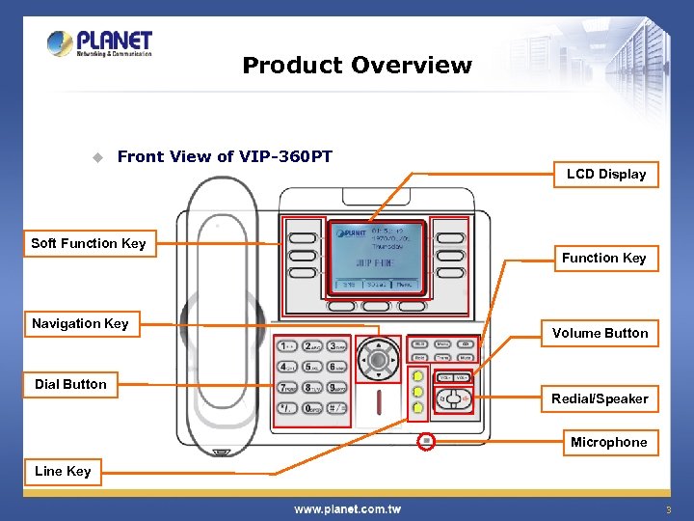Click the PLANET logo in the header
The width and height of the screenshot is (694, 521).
point(99,43)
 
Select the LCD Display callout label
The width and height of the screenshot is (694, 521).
point(605,175)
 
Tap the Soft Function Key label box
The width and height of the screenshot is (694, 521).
point(88,243)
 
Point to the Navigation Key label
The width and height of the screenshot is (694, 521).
point(79,323)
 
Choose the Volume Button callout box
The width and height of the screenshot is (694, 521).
point(600,333)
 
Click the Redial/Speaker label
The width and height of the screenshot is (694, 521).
point(600,398)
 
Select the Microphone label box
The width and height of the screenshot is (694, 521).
point(608,442)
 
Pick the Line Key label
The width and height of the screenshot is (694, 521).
point(63,471)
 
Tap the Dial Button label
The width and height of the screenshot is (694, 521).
point(70,384)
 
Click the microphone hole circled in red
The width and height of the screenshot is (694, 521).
point(426,441)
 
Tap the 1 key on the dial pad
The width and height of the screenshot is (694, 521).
point(286,346)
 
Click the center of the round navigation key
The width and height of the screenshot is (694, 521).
point(379,361)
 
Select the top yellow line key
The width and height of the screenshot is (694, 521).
point(417,376)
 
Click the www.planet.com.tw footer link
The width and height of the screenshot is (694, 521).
point(347,508)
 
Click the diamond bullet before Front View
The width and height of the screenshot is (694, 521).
point(96,157)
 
